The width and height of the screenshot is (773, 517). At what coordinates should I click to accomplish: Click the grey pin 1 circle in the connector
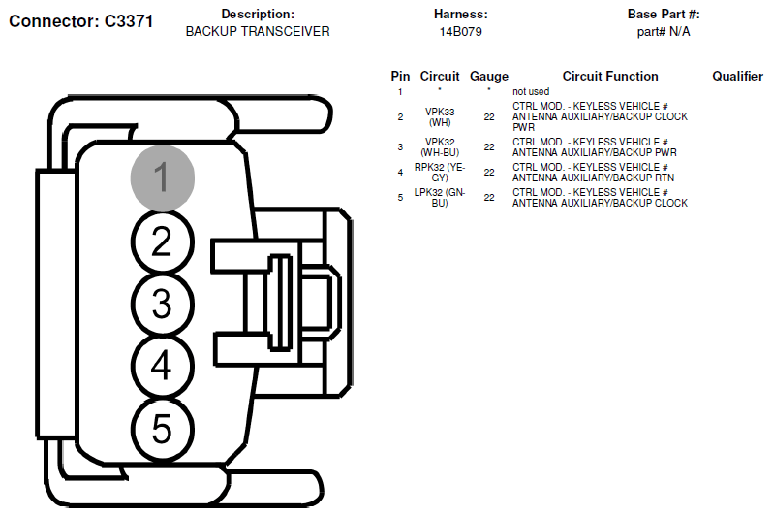162,178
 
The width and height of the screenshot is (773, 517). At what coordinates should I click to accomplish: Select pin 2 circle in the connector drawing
162,242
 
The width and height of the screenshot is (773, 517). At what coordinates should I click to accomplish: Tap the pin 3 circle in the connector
162,304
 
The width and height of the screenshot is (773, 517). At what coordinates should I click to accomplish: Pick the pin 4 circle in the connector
162,366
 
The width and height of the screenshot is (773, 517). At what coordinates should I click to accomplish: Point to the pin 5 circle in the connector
162,429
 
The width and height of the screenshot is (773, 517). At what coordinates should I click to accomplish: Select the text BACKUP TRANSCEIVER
258,32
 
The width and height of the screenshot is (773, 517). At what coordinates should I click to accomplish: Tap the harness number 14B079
460,32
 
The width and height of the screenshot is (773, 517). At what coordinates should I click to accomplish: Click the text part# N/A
664,32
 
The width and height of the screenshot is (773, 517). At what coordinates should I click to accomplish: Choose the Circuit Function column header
610,76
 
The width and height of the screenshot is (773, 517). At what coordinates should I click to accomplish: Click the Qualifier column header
737,76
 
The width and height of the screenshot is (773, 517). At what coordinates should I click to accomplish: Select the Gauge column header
489,77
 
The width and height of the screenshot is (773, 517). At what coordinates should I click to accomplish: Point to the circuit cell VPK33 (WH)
440,117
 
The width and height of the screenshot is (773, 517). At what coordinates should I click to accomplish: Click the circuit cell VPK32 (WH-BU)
440,147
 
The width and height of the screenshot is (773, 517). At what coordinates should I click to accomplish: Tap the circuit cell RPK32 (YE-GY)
440,173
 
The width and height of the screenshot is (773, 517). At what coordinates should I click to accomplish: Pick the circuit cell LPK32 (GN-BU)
440,198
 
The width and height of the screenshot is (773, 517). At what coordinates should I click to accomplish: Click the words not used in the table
531,91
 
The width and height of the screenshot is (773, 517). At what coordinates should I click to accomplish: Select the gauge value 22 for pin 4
489,173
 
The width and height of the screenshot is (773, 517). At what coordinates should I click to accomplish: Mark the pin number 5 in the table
400,198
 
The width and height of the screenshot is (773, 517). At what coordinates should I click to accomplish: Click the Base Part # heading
664,15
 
